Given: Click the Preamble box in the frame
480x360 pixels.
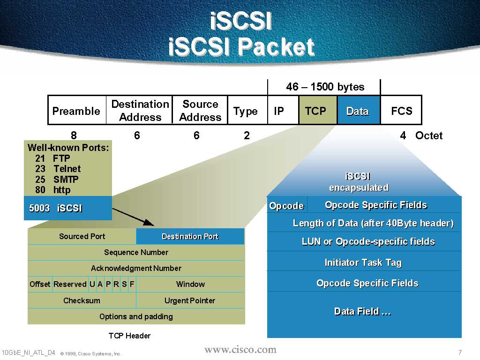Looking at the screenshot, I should [x=76, y=111].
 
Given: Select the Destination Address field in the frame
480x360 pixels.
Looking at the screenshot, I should [x=140, y=111].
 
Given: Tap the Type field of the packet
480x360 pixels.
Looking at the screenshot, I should [x=246, y=111].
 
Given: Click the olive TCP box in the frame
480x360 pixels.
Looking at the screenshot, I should [x=315, y=111].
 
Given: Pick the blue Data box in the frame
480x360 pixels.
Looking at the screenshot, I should [x=358, y=111].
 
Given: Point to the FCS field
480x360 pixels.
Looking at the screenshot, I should [x=401, y=111].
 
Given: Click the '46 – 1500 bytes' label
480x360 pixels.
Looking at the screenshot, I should [x=325, y=87].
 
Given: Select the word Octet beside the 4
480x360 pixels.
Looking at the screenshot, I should [x=428, y=135].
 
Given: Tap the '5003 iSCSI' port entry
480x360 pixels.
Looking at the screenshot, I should [x=56, y=208].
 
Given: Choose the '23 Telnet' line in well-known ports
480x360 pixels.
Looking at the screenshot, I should [x=58, y=169].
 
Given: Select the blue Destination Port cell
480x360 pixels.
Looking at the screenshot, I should [x=190, y=236].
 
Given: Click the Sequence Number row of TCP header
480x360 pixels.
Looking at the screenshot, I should [x=136, y=252].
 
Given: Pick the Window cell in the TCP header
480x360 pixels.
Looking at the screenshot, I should [x=190, y=284].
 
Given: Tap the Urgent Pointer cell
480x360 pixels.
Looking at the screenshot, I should [x=190, y=300].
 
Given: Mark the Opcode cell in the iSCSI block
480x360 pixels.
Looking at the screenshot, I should [x=286, y=206].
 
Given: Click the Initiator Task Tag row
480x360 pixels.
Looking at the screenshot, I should [x=363, y=262].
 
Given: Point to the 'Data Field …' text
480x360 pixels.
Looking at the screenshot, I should [x=362, y=311].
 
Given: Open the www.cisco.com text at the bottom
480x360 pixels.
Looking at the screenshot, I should [x=240, y=350].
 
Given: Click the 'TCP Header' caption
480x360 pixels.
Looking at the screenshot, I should [x=129, y=336].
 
